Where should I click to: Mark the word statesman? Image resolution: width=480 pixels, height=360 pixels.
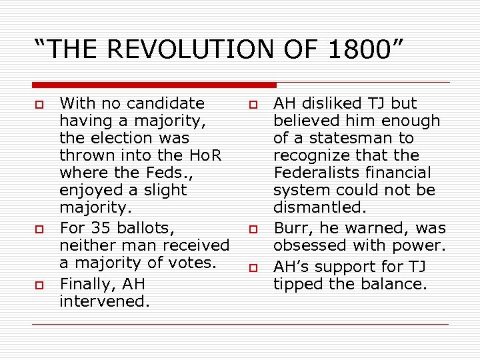359,138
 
